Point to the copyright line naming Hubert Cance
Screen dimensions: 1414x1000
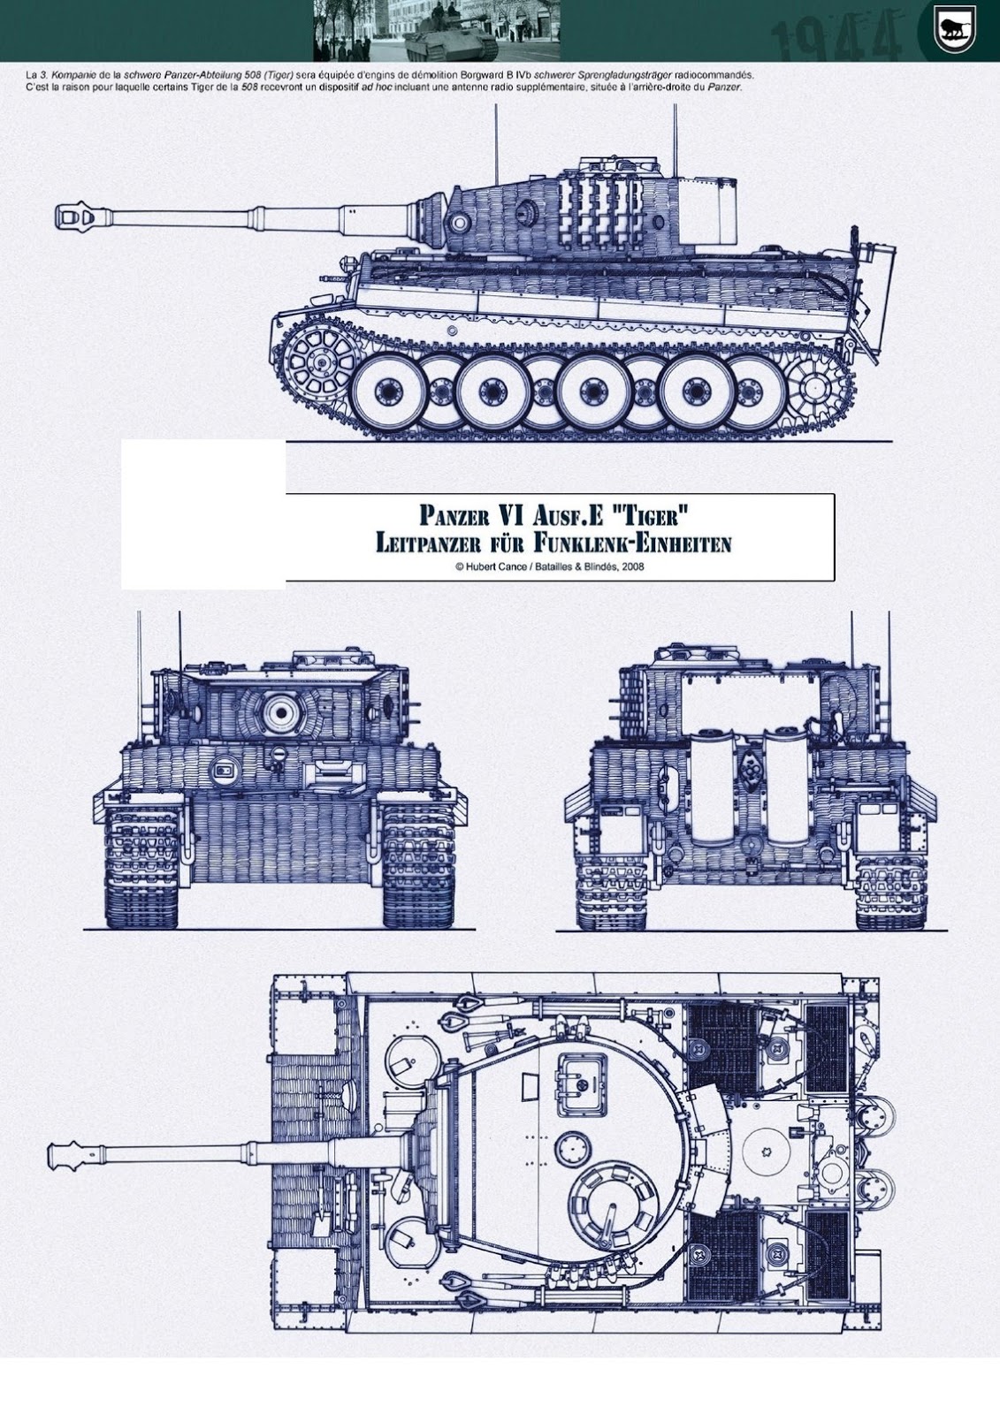coord(548,566)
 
